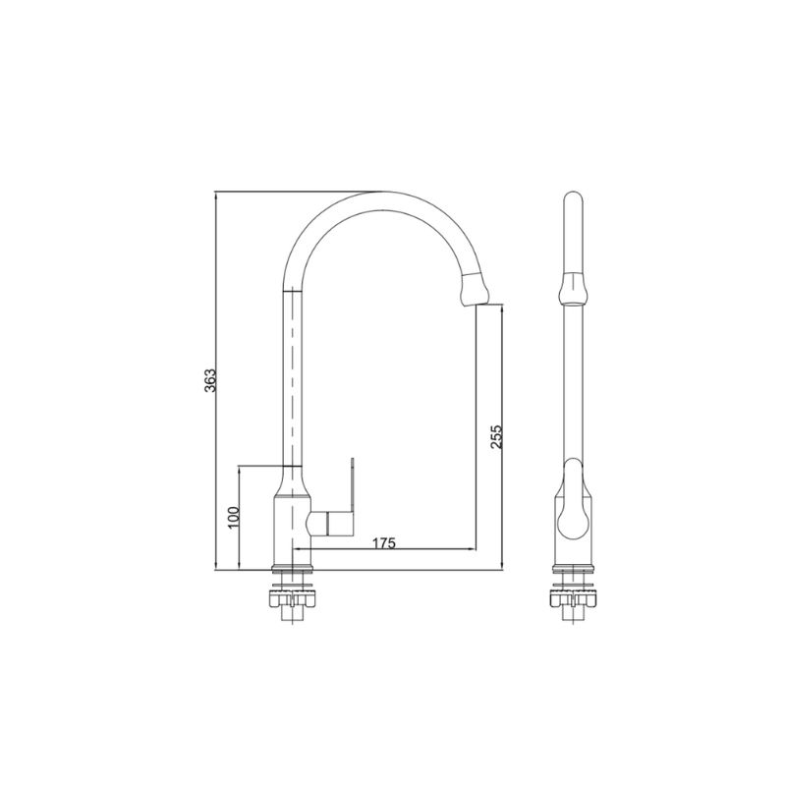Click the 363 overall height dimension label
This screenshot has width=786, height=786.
click(x=210, y=380)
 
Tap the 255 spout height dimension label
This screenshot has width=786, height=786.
click(x=496, y=437)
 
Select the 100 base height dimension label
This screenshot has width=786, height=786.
click(x=234, y=518)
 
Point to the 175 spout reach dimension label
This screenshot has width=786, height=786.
click(x=383, y=543)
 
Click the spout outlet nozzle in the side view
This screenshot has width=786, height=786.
click(x=475, y=289)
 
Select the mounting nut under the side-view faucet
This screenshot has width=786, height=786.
click(x=292, y=598)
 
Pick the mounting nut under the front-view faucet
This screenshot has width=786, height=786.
click(x=573, y=598)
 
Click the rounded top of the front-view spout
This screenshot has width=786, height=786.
click(x=573, y=198)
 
